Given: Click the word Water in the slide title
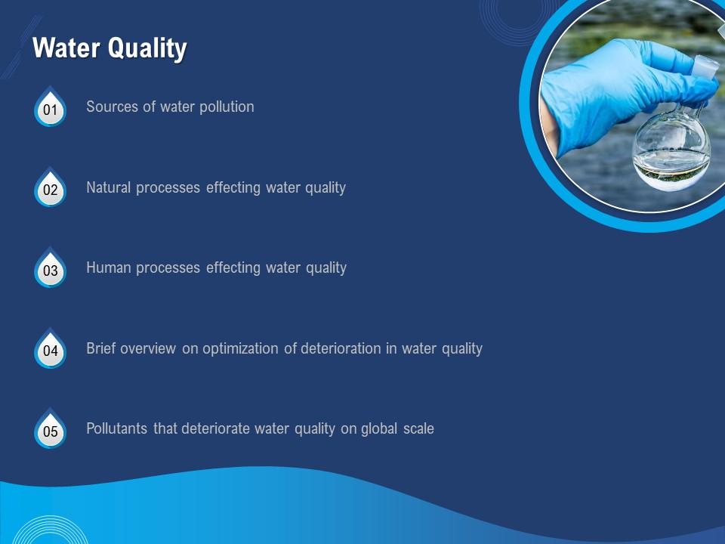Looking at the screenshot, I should (x=66, y=49).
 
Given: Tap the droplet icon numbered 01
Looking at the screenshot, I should (x=51, y=108).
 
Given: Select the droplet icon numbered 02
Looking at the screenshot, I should (x=51, y=189).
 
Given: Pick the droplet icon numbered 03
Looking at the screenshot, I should (x=51, y=269).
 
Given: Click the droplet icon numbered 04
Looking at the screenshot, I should (x=51, y=350).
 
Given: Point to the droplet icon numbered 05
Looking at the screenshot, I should (x=51, y=431).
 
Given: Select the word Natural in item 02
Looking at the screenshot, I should (x=109, y=187).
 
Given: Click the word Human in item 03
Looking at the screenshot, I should (x=107, y=267).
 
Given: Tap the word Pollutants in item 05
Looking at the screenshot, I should (x=117, y=428).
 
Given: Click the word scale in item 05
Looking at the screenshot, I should (x=419, y=428).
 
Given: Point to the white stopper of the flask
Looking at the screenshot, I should (x=706, y=66).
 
